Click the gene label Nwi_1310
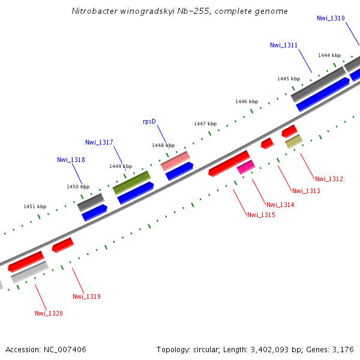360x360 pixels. pyautogui.click(x=331, y=18)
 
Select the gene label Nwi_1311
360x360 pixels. pyautogui.click(x=284, y=45)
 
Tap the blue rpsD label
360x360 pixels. pyautogui.click(x=149, y=121)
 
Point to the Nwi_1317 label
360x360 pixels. pyautogui.click(x=99, y=142)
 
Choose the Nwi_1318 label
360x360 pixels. pyautogui.click(x=71, y=160)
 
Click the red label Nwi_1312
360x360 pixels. pyautogui.click(x=329, y=179)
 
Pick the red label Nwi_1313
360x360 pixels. pyautogui.click(x=306, y=191)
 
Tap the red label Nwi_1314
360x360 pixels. pyautogui.click(x=280, y=205)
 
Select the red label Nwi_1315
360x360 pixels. pyautogui.click(x=261, y=214)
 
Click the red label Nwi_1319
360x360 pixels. pyautogui.click(x=86, y=296)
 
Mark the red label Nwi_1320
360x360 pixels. pyautogui.click(x=49, y=313)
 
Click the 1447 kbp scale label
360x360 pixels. pyautogui.click(x=205, y=124)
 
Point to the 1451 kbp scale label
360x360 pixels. pyautogui.click(x=35, y=206)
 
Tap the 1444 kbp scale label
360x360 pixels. pyautogui.click(x=329, y=55)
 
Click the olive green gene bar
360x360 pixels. pyautogui.click(x=131, y=182)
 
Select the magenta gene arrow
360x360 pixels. pyautogui.click(x=246, y=167)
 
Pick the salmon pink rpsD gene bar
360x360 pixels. pyautogui.click(x=175, y=160)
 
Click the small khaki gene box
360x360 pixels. pyautogui.click(x=293, y=141)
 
